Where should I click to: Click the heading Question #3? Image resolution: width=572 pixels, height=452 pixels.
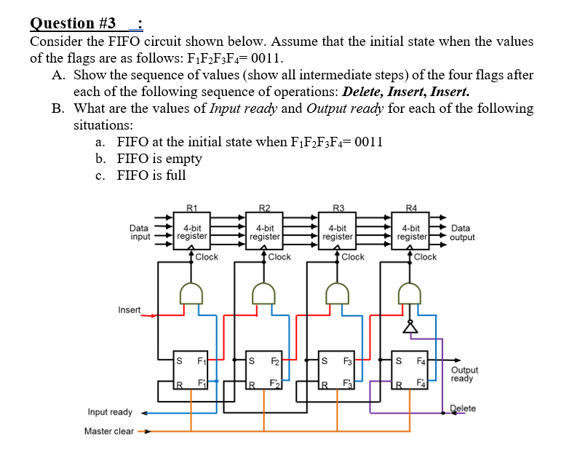click(x=73, y=23)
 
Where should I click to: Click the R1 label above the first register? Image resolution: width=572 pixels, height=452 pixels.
click(x=191, y=207)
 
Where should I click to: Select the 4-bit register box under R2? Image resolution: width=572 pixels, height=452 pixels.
click(x=264, y=231)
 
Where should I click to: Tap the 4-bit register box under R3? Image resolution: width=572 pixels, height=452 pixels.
click(x=337, y=231)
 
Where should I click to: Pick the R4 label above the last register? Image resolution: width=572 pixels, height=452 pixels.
click(x=412, y=207)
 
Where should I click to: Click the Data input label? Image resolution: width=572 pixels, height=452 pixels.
click(x=140, y=231)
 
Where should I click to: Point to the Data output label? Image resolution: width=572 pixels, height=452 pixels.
click(x=463, y=231)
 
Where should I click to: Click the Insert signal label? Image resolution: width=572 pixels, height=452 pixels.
click(x=130, y=310)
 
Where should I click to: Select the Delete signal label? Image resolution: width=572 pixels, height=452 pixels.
click(x=462, y=408)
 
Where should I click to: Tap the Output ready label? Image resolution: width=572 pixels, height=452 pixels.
click(x=464, y=374)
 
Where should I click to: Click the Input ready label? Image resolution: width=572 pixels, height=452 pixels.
click(x=110, y=413)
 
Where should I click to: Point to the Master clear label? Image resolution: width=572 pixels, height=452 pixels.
click(x=108, y=431)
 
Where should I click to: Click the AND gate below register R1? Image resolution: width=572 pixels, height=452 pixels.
click(x=191, y=293)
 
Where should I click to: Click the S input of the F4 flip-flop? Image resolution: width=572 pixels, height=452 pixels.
click(x=398, y=360)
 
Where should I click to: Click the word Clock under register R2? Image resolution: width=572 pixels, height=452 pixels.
click(x=279, y=257)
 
